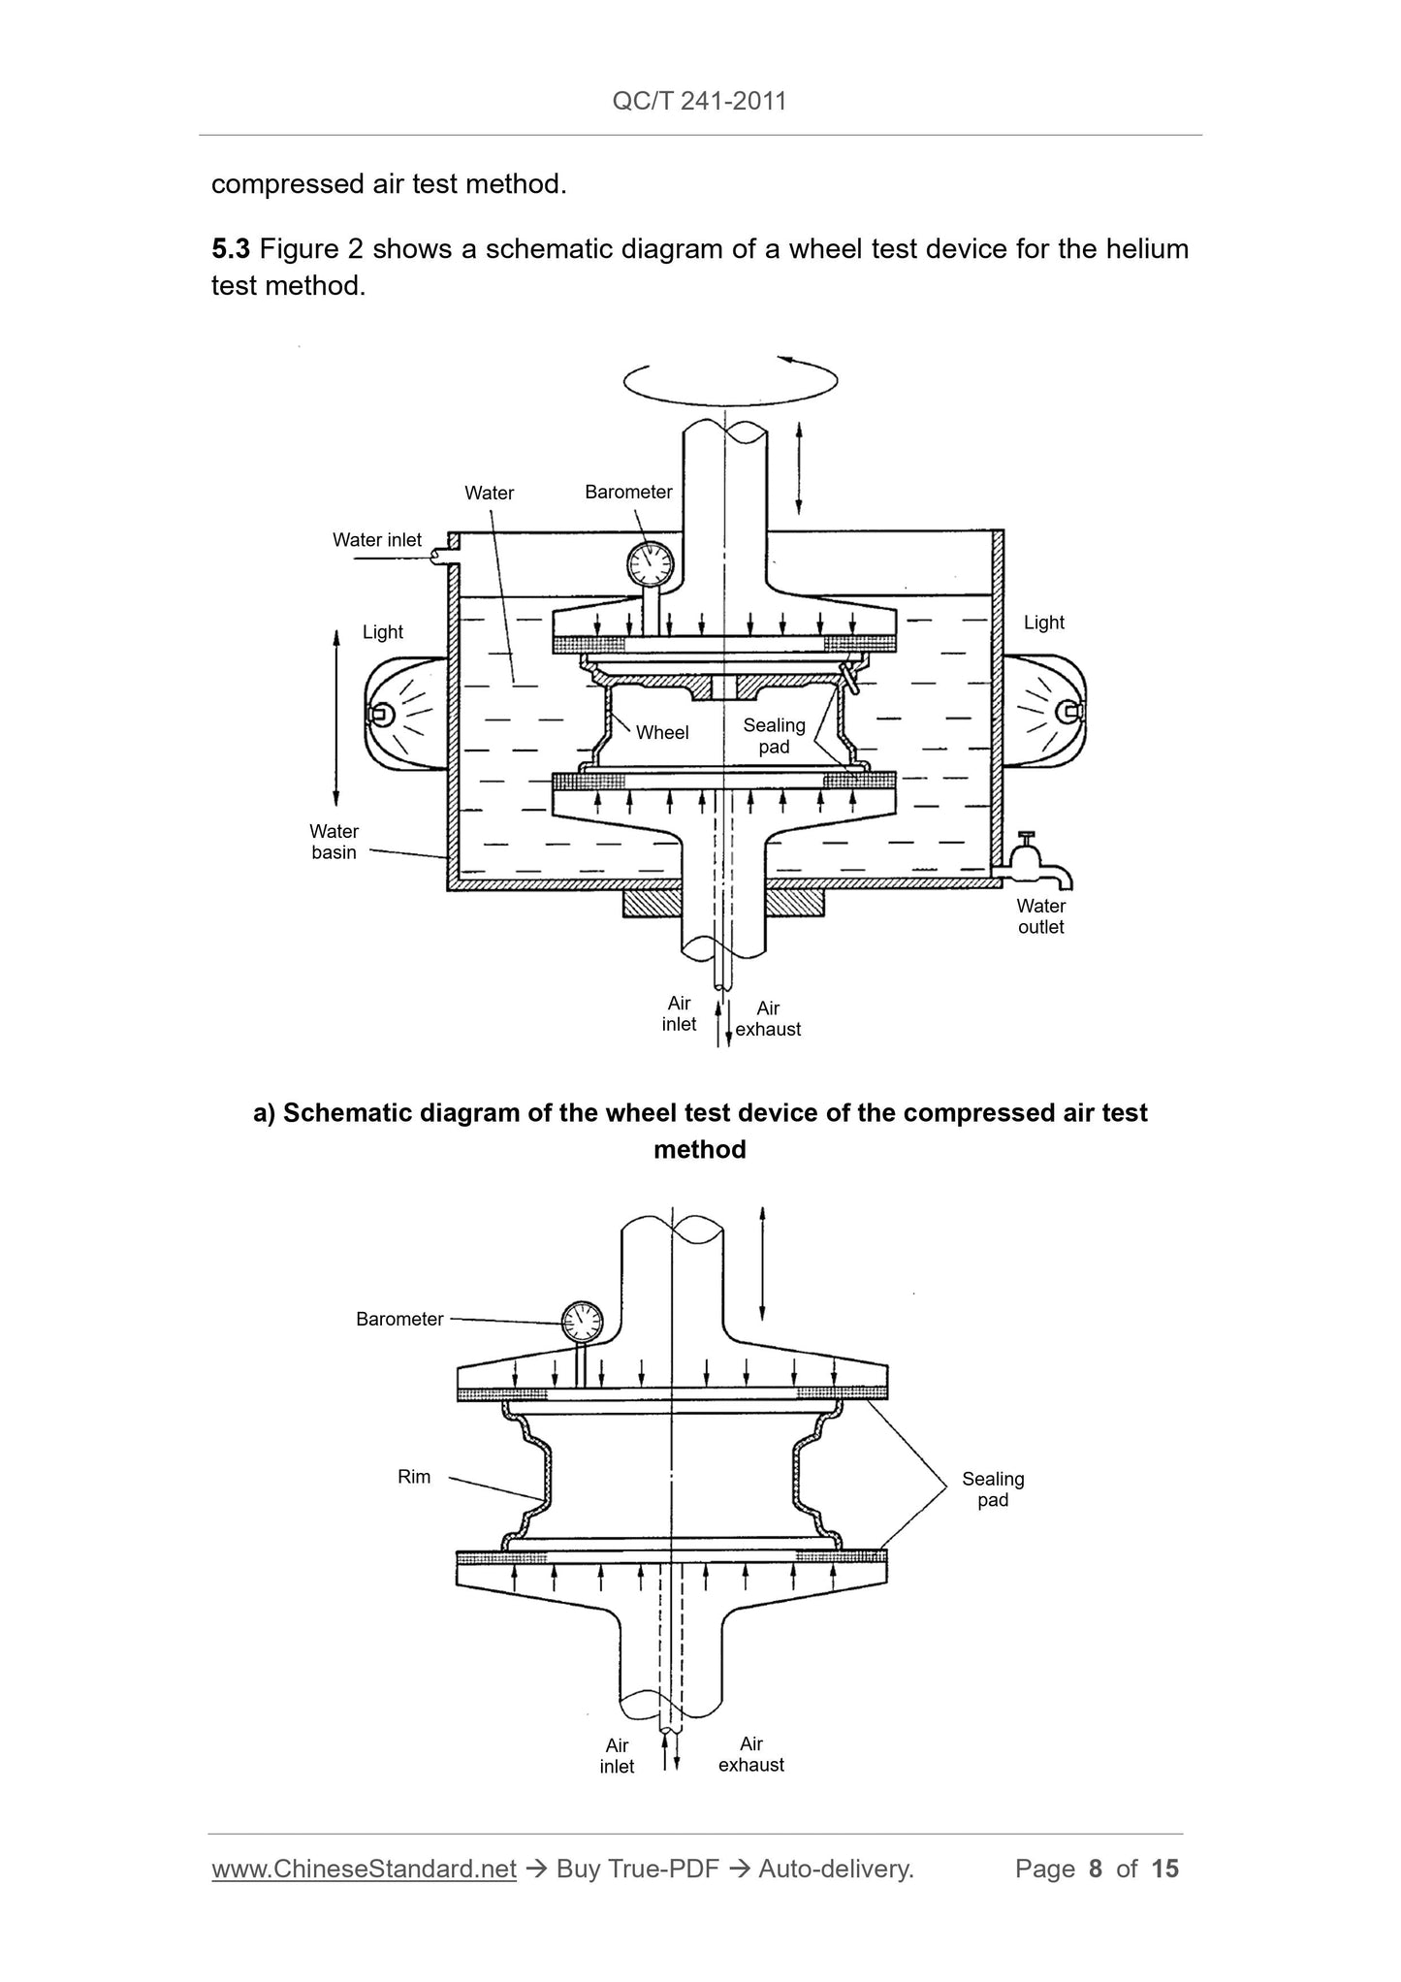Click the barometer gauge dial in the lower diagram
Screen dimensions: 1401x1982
coord(582,1320)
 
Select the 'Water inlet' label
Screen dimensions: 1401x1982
coord(377,540)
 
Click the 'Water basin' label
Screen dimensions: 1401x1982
coord(334,842)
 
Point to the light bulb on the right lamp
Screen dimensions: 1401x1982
coord(1071,711)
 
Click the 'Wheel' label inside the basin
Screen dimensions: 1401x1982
coord(662,733)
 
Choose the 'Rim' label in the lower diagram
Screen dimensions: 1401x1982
coord(414,1477)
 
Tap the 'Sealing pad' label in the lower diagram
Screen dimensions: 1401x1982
coord(993,1489)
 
